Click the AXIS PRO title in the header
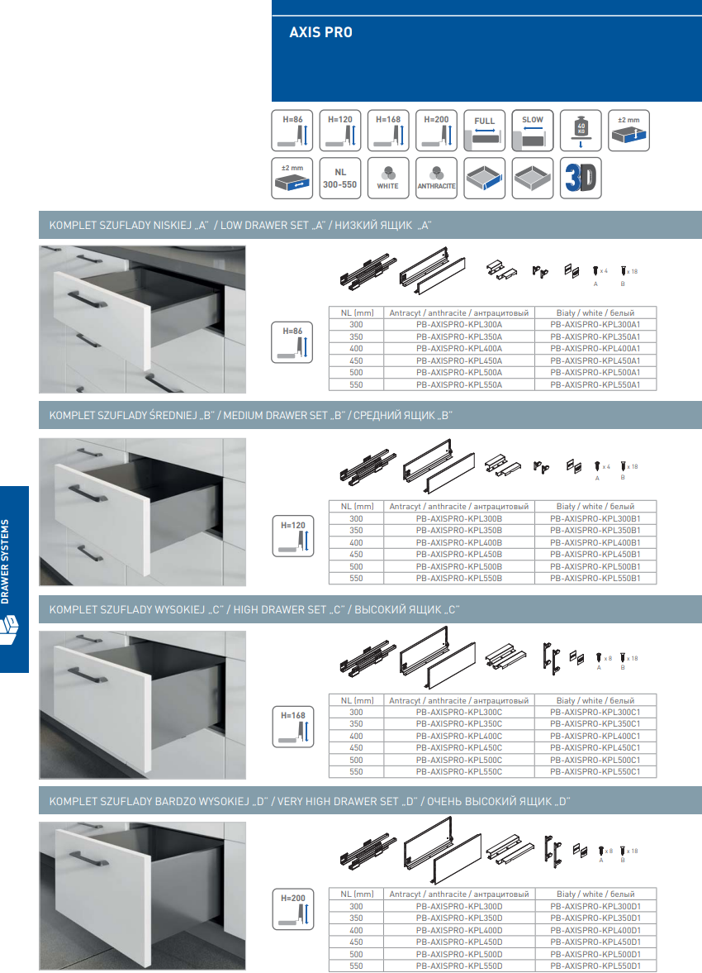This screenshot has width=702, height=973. pos(320,33)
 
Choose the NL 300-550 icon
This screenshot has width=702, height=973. pos(340,178)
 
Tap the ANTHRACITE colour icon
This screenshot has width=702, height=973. pos(436,178)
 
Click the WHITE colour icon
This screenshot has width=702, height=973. pos(388,178)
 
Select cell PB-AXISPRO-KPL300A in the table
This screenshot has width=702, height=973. pos(459,325)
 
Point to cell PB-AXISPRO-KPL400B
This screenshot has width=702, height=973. pos(459,542)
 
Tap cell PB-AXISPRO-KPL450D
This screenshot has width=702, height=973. pos(459,942)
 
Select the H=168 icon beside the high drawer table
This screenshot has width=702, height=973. pos(293,726)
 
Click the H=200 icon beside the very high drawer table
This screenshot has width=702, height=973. pos(293,909)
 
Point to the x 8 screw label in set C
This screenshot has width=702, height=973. pos(608,658)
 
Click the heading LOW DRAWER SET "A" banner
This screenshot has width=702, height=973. pos(240,226)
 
